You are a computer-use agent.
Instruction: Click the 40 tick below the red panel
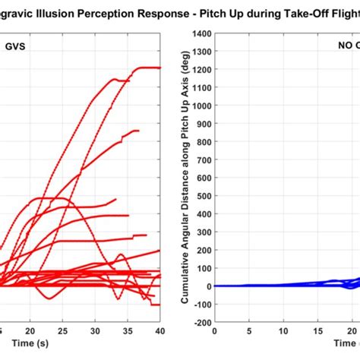tap(159, 332)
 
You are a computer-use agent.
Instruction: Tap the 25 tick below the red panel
tap(63, 332)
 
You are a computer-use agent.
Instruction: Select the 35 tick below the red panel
tap(128, 332)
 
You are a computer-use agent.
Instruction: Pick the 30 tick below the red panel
tap(96, 332)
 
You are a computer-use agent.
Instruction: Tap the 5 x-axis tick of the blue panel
tap(248, 332)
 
